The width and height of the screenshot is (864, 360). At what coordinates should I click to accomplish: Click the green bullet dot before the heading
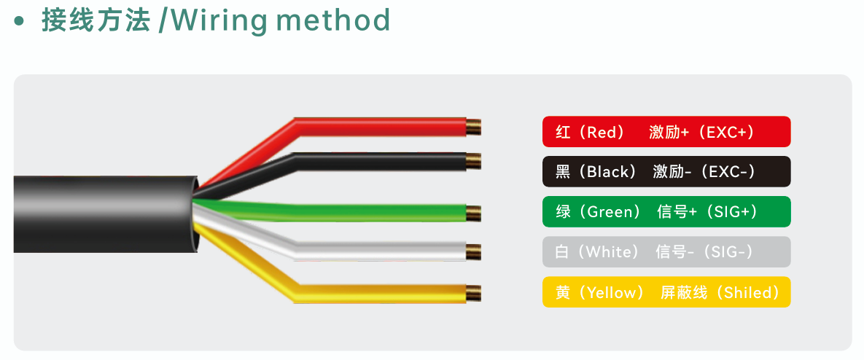point(20,21)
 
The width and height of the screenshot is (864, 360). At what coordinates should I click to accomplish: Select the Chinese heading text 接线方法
point(96,21)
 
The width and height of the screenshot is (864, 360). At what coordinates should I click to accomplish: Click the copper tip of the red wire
point(474,127)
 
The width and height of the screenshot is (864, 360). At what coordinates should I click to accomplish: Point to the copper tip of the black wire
point(474,161)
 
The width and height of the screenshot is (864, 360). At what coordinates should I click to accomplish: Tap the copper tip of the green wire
point(474,213)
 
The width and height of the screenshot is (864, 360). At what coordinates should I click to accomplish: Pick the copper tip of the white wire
point(474,252)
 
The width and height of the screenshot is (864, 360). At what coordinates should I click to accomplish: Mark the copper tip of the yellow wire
point(474,293)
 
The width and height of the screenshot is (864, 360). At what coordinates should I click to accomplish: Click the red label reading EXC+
point(666,132)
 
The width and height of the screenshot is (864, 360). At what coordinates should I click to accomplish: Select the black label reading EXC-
point(666,171)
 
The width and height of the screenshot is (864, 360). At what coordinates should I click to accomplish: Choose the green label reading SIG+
point(666,211)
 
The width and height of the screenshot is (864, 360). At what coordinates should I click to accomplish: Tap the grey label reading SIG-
point(666,251)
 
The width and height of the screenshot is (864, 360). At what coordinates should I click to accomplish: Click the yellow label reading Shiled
point(666,291)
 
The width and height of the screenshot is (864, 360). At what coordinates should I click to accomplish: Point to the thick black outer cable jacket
point(105,214)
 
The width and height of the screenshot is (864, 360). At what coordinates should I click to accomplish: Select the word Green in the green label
point(606,212)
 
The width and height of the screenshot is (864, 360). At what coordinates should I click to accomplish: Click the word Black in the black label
point(607,172)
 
